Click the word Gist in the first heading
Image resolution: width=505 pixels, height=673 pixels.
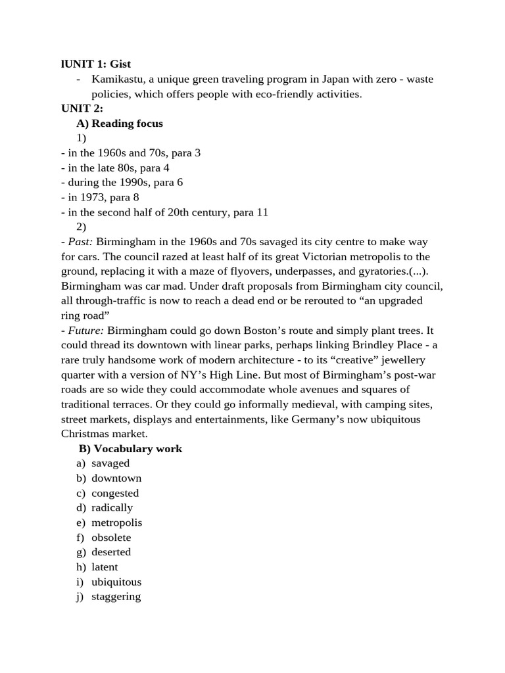(x=120, y=64)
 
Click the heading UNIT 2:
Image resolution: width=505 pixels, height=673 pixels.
(x=82, y=108)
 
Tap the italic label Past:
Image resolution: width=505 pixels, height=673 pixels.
(x=81, y=242)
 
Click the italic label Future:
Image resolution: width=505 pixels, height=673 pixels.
(x=85, y=330)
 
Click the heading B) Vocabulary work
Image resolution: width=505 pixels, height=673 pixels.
(x=130, y=449)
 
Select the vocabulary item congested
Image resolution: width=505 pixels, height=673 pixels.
(x=115, y=493)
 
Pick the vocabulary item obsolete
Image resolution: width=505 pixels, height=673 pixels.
(x=111, y=538)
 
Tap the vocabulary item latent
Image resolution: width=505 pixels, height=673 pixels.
(x=105, y=567)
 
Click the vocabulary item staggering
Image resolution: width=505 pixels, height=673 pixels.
(x=116, y=597)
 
